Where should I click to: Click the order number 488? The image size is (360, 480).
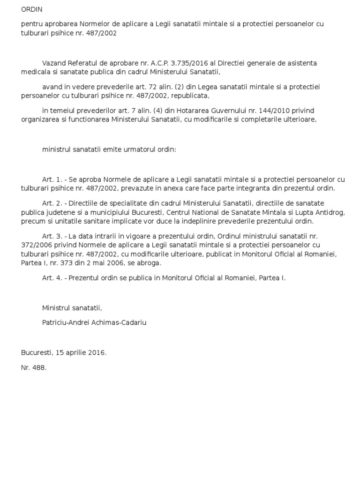coord(39,368)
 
